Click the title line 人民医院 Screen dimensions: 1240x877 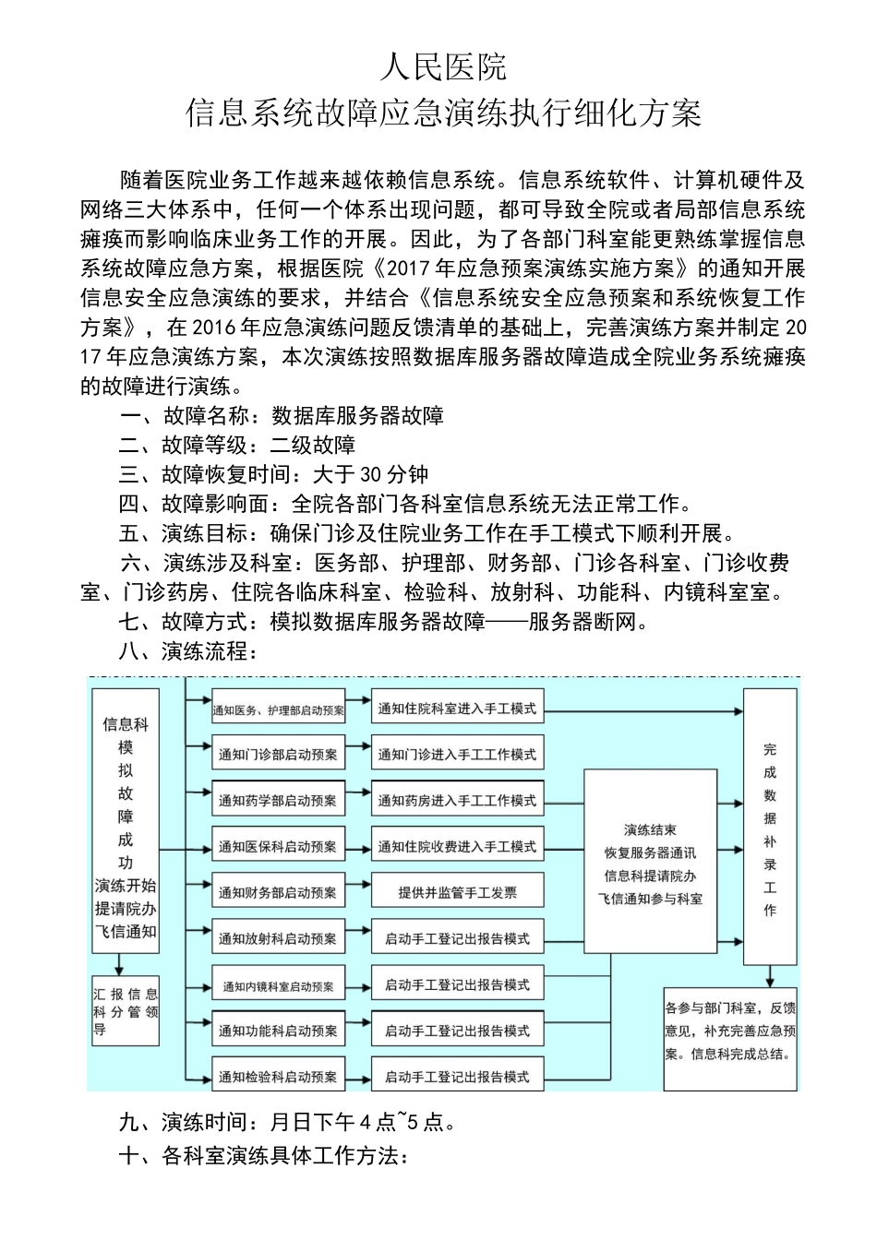[x=443, y=67]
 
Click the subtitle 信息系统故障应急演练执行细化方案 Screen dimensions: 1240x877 [x=443, y=113]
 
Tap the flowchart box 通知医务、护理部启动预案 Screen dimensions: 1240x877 [x=278, y=709]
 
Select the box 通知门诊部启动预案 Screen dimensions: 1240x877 [x=278, y=755]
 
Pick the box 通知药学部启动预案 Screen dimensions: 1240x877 [x=278, y=801]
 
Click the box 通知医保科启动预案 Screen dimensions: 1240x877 [x=278, y=847]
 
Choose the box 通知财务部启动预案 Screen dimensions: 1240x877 [x=278, y=893]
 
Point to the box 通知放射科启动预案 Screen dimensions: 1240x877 [x=278, y=939]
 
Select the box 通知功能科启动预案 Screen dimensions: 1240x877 [x=278, y=1031]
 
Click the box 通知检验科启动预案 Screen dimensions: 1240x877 [x=278, y=1078]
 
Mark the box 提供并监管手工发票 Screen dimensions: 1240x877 [x=457, y=893]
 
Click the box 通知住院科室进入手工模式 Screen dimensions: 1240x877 [x=457, y=709]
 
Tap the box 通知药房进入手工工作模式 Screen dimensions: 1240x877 [x=457, y=801]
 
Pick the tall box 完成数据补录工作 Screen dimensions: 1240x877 [x=770, y=829]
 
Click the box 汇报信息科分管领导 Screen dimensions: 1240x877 [x=126, y=1011]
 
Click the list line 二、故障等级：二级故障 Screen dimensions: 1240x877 [x=238, y=446]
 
